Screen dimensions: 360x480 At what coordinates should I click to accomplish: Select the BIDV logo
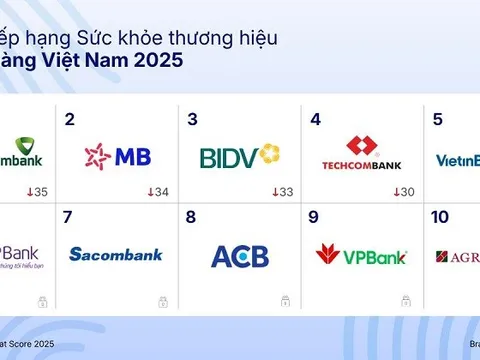(x=239, y=156)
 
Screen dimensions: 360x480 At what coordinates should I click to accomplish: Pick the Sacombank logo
(x=115, y=254)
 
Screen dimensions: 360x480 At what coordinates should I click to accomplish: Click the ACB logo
(x=240, y=256)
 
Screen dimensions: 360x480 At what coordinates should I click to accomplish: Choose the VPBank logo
(x=361, y=255)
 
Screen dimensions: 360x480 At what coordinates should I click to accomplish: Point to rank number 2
(x=69, y=120)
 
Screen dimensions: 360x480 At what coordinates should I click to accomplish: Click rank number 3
(x=193, y=120)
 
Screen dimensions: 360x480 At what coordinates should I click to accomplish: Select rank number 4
(x=316, y=120)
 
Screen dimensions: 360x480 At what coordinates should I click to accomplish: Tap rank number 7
(x=68, y=217)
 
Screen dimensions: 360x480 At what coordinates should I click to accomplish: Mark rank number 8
(x=193, y=217)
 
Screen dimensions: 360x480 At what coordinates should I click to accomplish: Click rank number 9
(x=316, y=217)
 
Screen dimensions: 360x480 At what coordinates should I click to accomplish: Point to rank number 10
(x=440, y=217)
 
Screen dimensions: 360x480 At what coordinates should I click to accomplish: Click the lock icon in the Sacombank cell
(x=162, y=301)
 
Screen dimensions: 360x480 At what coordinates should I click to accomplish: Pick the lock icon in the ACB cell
(x=285, y=301)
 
